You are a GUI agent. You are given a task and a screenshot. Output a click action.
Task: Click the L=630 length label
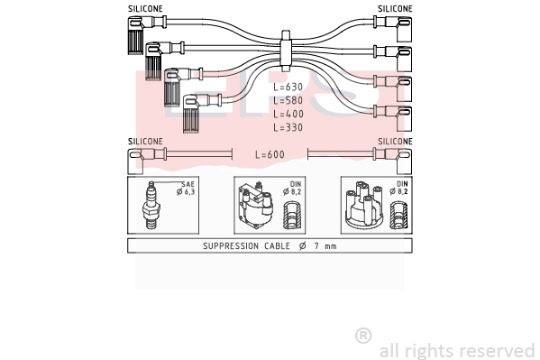click(x=288, y=87)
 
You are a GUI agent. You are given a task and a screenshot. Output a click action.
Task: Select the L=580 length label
click(x=288, y=100)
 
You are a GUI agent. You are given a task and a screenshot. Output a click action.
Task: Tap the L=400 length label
click(x=288, y=114)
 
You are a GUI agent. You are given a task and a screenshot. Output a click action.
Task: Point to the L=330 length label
click(x=288, y=127)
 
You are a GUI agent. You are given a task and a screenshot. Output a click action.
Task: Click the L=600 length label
click(x=270, y=154)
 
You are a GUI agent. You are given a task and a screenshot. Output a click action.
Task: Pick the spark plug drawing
click(x=151, y=205)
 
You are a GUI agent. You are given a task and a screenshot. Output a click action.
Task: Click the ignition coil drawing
click(x=256, y=206)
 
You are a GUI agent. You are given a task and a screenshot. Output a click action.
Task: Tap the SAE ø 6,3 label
click(x=186, y=189)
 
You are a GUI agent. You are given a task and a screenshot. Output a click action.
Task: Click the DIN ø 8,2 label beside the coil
click(x=292, y=188)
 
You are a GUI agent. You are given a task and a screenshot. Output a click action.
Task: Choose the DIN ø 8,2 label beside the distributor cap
click(x=399, y=188)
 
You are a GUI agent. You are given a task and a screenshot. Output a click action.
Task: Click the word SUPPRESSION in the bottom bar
click(x=231, y=245)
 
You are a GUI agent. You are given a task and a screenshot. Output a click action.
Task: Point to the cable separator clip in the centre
click(x=286, y=51)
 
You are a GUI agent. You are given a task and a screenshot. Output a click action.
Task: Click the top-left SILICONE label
click(x=145, y=9)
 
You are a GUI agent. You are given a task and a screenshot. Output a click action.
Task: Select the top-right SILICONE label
click(x=395, y=9)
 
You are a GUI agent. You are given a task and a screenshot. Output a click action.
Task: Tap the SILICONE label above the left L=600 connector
click(x=145, y=142)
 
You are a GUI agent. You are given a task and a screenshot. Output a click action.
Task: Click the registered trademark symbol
click(x=363, y=336)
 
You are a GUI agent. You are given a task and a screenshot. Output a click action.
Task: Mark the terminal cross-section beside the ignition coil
click(x=292, y=216)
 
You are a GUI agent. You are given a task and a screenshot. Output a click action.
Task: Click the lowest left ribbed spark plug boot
click(x=192, y=114)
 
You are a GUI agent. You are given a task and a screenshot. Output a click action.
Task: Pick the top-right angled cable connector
click(x=398, y=29)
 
